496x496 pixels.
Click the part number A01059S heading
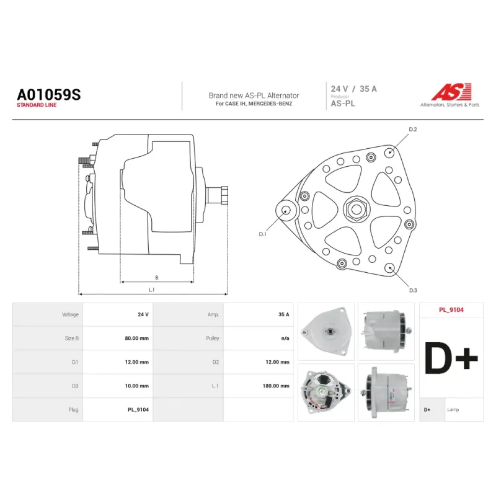pos(49,95)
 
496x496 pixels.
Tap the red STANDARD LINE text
pos(37,105)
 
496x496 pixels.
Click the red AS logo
pos(451,92)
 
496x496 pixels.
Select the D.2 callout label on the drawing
pos(413,130)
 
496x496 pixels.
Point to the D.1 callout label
pos(262,234)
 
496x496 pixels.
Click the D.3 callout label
pos(413,290)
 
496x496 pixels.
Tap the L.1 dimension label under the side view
pos(151,290)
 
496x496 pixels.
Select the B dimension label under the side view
pos(157,277)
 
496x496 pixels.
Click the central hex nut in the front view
pos(356,209)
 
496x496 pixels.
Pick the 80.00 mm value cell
pos(136,338)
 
